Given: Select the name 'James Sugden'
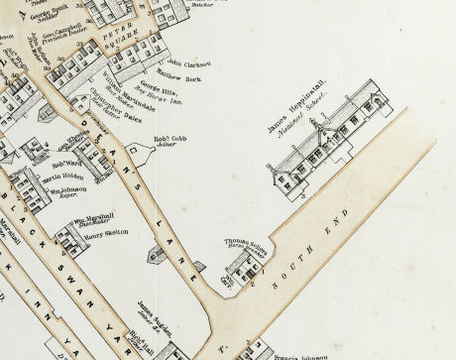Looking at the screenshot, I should click(x=158, y=307).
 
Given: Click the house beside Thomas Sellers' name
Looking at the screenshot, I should click(x=241, y=265).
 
